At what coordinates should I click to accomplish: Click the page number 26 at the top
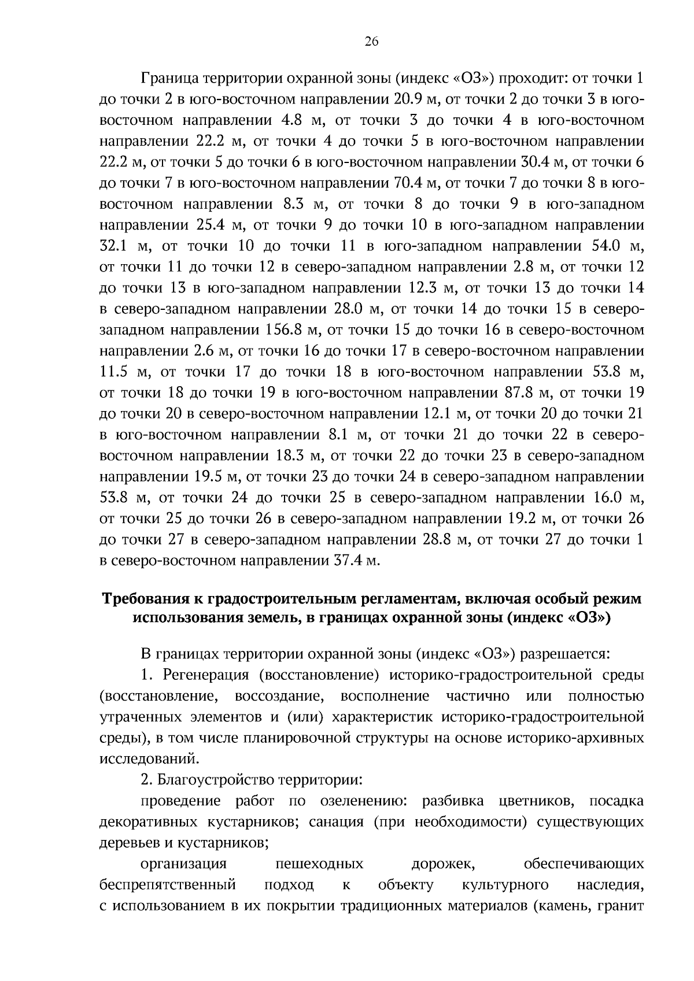371,40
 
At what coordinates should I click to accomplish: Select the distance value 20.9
409,99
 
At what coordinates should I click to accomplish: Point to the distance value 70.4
408,183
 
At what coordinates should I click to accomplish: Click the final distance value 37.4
349,561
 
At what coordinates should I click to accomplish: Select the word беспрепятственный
168,885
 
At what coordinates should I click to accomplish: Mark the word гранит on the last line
622,906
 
